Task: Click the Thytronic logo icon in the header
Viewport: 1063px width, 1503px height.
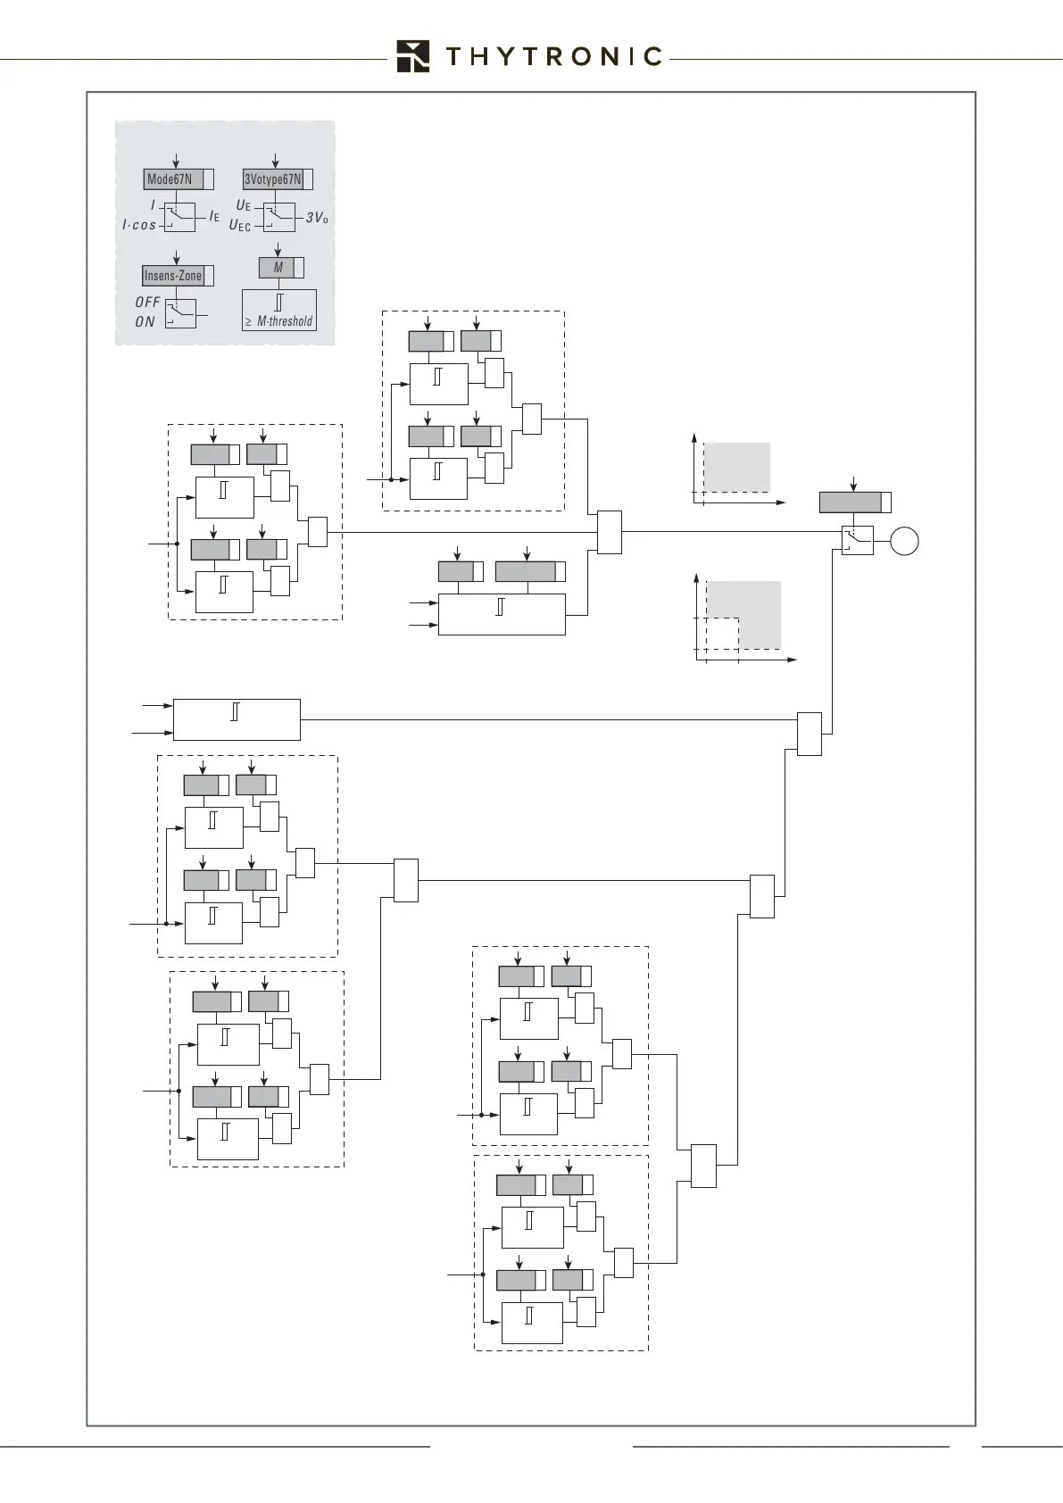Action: tap(413, 55)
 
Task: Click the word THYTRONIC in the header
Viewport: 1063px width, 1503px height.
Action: tap(552, 57)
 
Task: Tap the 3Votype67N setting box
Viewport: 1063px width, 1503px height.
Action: tap(273, 179)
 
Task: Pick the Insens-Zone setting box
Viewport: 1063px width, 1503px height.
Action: tap(173, 276)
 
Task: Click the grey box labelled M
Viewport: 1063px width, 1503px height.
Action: tap(278, 268)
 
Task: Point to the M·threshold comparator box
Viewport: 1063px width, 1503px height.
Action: tap(278, 310)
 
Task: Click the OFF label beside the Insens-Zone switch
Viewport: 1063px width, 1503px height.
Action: tap(147, 303)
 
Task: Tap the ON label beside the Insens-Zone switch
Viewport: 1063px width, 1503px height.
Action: tap(145, 322)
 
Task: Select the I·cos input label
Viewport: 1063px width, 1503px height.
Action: tap(138, 226)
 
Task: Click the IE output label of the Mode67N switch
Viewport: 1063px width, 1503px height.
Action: tap(214, 216)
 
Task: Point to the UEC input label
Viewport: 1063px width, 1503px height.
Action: tap(239, 226)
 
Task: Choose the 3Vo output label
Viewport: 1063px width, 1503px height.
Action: tap(317, 217)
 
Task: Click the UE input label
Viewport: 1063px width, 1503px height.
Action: tap(243, 205)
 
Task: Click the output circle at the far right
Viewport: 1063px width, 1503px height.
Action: tap(905, 542)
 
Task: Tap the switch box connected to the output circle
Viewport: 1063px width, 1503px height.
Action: tap(858, 541)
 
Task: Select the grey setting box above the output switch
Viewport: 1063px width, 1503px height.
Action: tap(851, 502)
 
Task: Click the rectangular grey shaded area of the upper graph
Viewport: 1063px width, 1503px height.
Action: tap(737, 466)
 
